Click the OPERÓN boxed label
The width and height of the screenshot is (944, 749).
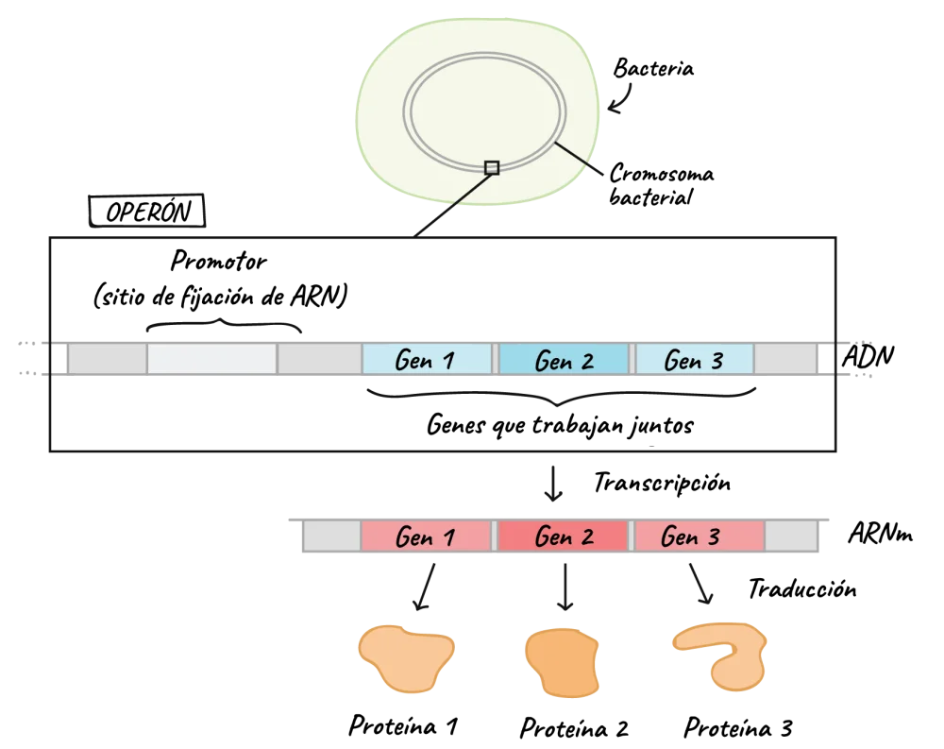[x=147, y=211]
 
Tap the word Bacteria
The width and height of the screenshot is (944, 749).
[x=653, y=67]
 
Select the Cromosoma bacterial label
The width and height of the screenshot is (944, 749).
[x=661, y=185]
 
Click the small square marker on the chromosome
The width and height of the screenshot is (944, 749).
[x=492, y=167]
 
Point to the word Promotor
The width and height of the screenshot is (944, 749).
[x=219, y=261]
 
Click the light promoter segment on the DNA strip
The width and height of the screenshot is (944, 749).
[x=211, y=359]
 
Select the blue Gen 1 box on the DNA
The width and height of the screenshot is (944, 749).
[x=427, y=359]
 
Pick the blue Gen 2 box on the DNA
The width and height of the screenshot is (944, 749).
[x=564, y=359]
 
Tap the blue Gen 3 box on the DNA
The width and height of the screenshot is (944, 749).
[x=694, y=359]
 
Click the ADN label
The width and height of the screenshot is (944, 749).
[x=868, y=356]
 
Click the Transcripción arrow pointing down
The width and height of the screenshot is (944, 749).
[x=552, y=483]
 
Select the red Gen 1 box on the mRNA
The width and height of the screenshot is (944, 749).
[x=427, y=536]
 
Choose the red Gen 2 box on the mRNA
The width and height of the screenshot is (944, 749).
[x=563, y=536]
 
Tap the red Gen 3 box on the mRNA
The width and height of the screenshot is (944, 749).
[x=699, y=536]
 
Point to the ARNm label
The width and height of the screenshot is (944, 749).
[x=880, y=534]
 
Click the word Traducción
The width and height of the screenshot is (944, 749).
[x=802, y=588]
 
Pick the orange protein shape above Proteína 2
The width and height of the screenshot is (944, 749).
[x=563, y=662]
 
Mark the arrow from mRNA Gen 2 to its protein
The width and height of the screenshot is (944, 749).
[x=565, y=587]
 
